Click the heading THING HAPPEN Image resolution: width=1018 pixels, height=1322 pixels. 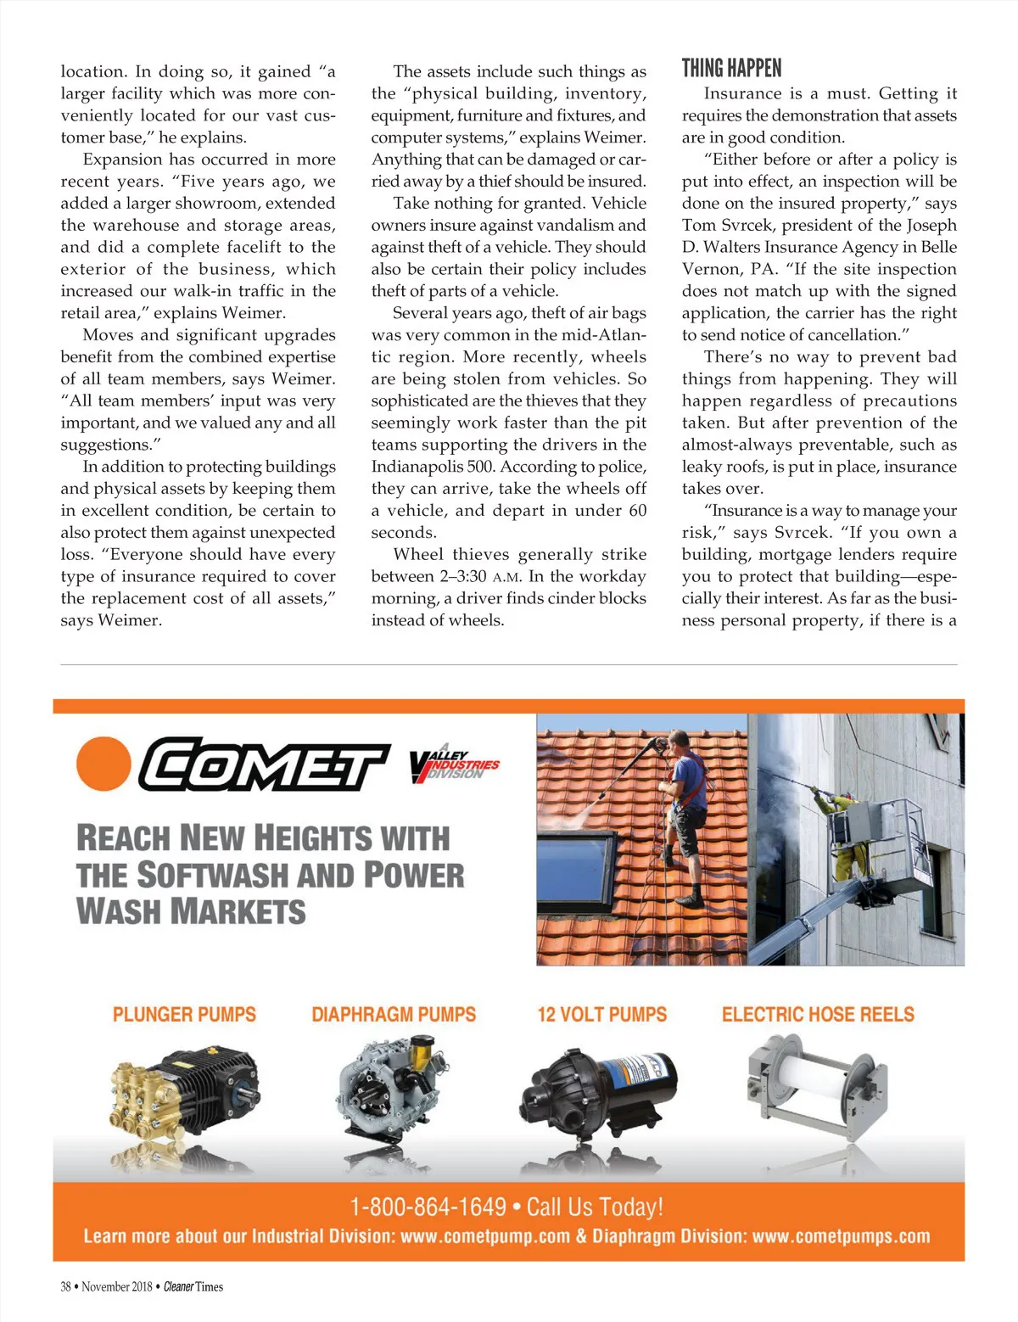coord(731,69)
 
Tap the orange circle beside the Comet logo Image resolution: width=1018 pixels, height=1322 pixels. coord(103,763)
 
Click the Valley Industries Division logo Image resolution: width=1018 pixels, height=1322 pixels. coord(454,765)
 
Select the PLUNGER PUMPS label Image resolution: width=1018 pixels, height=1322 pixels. coord(184,1014)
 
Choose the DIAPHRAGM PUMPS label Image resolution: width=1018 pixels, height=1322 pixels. coord(394,1014)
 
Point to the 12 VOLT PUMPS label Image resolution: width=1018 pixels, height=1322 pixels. coord(602,1014)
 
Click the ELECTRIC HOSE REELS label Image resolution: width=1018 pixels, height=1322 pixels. coord(818,1014)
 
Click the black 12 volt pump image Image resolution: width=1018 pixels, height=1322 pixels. coord(601,1090)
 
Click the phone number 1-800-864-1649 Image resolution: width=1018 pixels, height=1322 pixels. coord(428,1207)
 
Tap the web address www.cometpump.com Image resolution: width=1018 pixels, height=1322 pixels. coord(485,1236)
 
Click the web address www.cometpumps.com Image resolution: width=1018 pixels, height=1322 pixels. coord(841,1236)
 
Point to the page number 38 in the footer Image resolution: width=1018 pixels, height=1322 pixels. coord(65,1286)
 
